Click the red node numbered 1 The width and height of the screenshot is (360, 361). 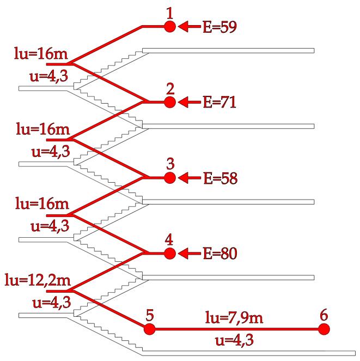(170, 26)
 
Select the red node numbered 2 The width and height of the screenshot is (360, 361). (170, 102)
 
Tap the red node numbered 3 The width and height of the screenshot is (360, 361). (170, 178)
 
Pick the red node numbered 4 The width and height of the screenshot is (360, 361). (170, 254)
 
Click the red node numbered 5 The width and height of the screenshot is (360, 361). (149, 329)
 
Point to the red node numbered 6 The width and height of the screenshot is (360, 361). (324, 329)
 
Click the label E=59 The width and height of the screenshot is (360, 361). (220, 26)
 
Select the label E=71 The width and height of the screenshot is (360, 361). (220, 102)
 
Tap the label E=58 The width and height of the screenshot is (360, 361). (220, 178)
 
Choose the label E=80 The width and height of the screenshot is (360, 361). (220, 254)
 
